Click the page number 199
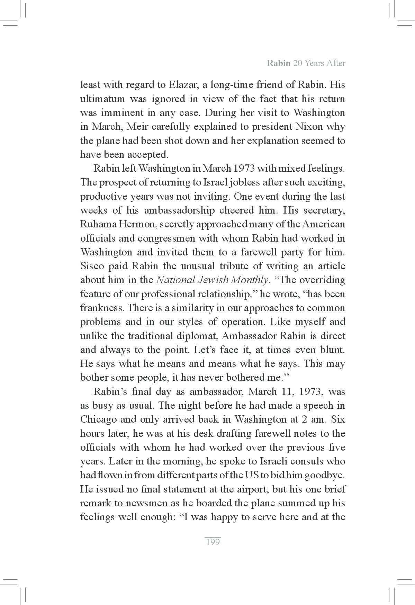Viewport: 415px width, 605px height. (x=213, y=542)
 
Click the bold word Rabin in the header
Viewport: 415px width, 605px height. (x=278, y=63)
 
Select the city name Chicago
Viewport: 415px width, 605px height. (x=98, y=419)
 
